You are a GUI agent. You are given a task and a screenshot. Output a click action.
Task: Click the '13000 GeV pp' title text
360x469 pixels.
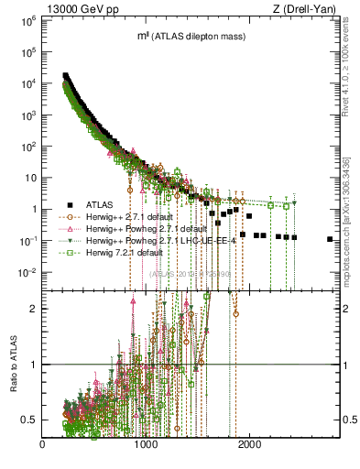pos(81,9)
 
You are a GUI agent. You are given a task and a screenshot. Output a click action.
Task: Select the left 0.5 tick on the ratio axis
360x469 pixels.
pos(28,420)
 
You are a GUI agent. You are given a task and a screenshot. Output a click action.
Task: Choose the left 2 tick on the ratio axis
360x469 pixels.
pos(32,309)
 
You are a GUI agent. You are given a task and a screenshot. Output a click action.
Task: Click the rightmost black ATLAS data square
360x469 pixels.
pos(330,239)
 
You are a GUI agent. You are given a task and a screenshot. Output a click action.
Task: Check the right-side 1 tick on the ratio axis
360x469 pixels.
pos(348,365)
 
